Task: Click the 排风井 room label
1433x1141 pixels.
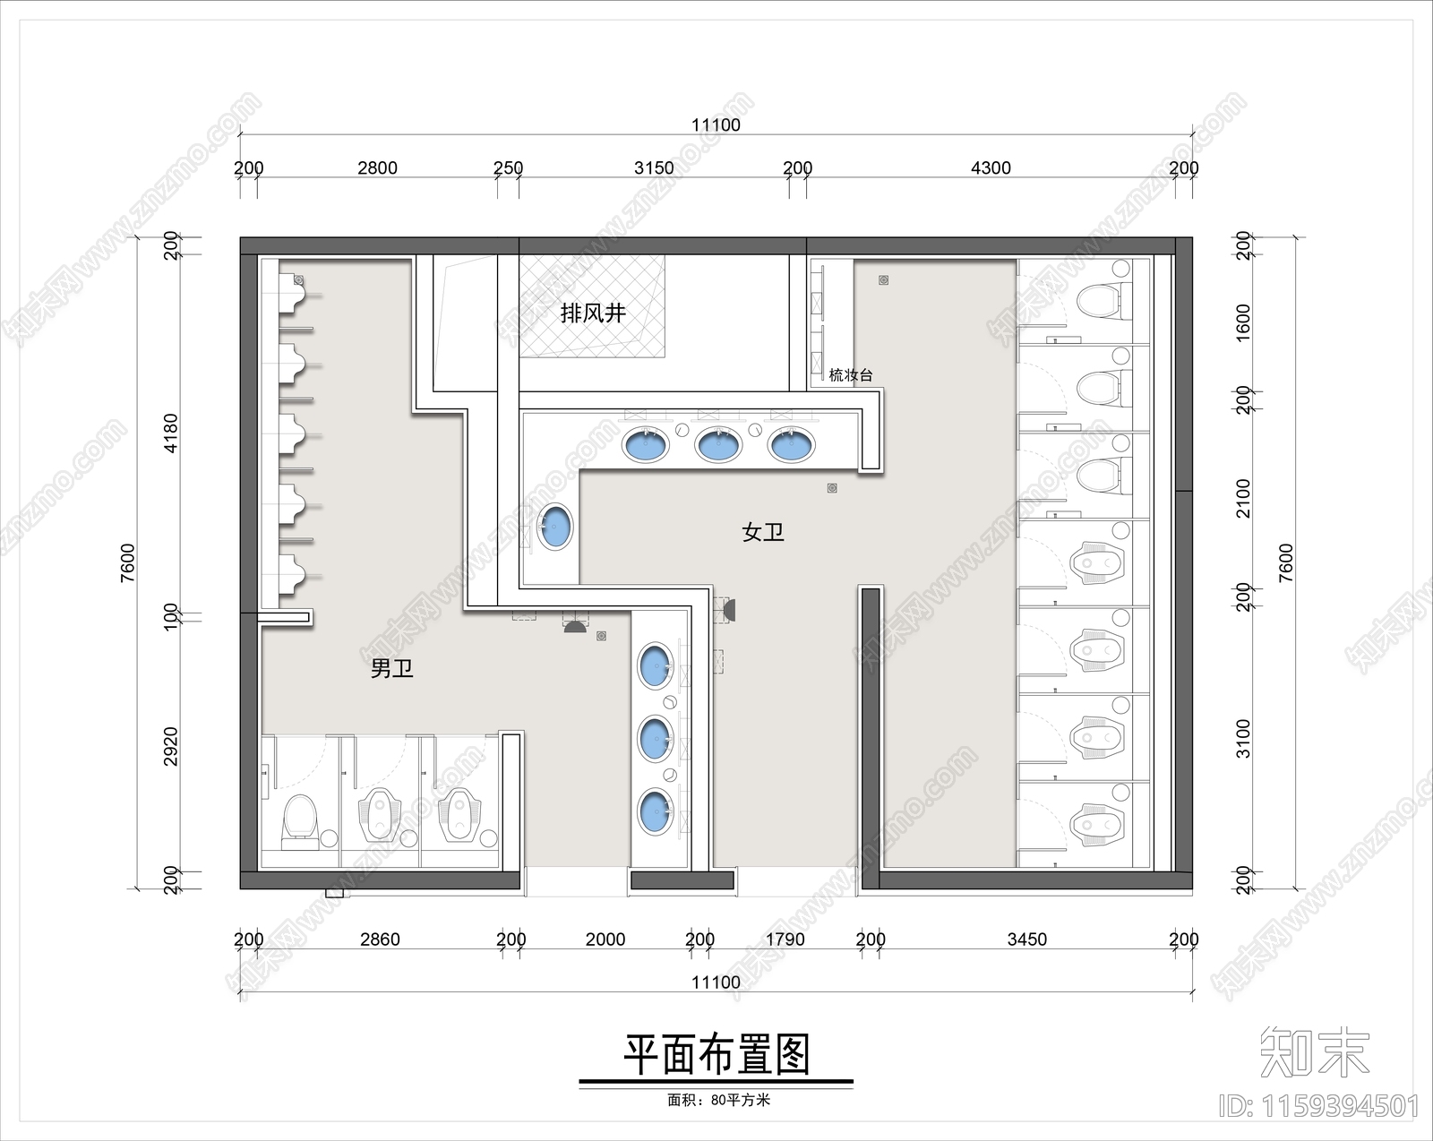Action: [592, 313]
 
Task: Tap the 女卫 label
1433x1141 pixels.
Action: [763, 533]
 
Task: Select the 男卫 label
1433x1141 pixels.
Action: [392, 668]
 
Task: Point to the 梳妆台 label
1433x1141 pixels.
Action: [850, 375]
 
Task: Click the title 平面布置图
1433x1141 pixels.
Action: [716, 1055]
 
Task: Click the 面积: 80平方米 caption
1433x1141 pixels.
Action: [718, 1100]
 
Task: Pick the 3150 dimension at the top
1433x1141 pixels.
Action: [654, 167]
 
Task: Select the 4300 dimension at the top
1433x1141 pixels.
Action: [991, 167]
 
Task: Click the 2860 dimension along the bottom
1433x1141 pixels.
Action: [380, 939]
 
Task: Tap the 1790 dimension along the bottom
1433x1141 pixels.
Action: [785, 939]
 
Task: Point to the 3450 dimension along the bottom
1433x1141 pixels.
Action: [1026, 939]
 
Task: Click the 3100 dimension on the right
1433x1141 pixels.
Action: [1243, 738]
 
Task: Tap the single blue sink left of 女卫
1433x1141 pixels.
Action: [555, 527]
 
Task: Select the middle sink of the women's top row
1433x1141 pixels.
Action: [718, 444]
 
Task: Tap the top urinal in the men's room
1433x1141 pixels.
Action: [294, 294]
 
